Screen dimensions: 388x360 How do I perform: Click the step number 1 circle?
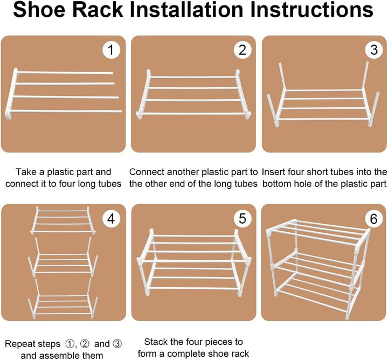[x=112, y=50]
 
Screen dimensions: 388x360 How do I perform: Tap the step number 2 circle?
[x=242, y=50]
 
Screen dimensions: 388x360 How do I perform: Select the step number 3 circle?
[x=374, y=50]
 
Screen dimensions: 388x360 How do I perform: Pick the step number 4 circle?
[x=112, y=219]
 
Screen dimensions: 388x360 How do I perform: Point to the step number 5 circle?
[x=242, y=219]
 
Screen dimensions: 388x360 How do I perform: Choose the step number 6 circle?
[x=373, y=219]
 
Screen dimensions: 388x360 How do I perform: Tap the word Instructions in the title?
[x=311, y=9]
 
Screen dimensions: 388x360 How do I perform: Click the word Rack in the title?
[x=98, y=9]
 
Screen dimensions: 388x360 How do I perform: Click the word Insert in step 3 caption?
[x=273, y=172]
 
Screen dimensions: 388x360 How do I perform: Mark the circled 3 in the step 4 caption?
[x=117, y=344]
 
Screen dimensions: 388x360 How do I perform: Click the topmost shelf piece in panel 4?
[x=63, y=220]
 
